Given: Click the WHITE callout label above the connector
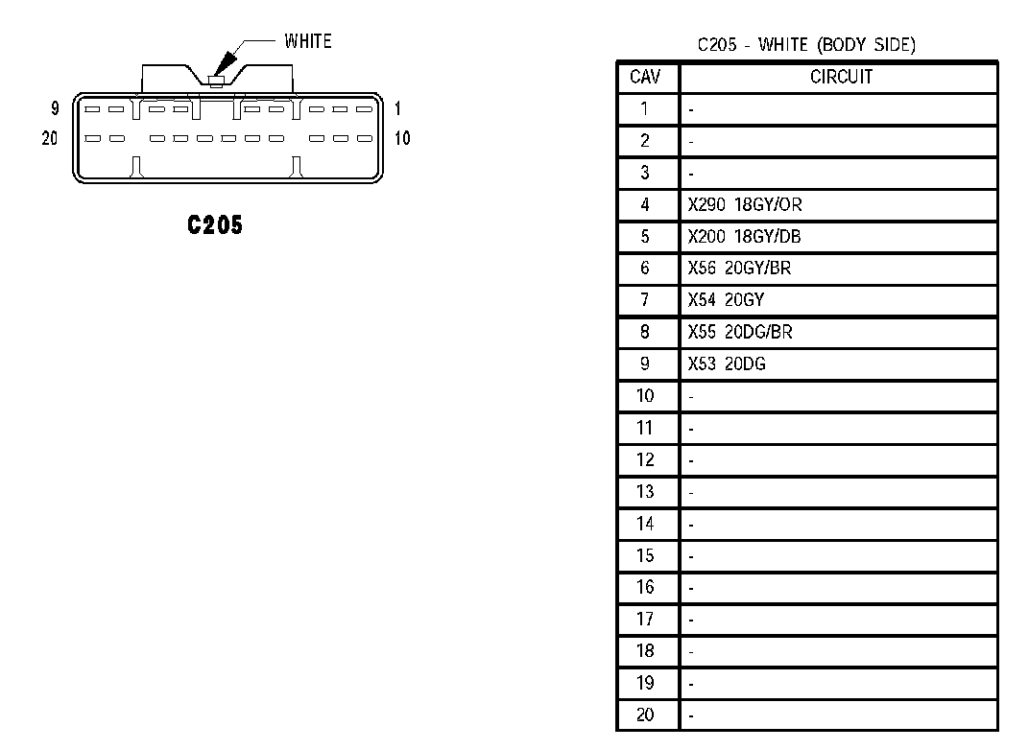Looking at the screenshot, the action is point(307,41).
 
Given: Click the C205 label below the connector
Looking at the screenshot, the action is point(215,225).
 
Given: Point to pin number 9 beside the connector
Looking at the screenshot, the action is point(55,109).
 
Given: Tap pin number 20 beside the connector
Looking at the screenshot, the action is point(50,138).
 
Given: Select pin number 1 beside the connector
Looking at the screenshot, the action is point(397,109).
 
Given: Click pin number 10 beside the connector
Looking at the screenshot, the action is point(402,138).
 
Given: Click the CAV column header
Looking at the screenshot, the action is point(645,78).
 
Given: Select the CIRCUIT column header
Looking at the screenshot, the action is point(841,78).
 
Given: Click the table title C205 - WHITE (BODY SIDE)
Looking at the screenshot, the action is point(806,45).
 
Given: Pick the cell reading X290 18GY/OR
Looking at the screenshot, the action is point(745,204).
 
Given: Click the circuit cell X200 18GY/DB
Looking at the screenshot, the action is point(745,237).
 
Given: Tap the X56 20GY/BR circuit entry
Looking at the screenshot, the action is point(739,269).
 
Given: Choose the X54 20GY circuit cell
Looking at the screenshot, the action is point(726,300).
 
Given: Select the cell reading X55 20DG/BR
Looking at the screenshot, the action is point(740,332).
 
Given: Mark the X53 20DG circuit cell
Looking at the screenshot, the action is point(727,363).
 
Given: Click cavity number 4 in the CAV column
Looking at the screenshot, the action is point(645,204).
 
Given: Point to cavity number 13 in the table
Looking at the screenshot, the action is point(645,491).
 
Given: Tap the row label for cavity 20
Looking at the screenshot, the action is point(645,715).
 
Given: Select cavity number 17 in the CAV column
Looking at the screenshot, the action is point(645,619).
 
